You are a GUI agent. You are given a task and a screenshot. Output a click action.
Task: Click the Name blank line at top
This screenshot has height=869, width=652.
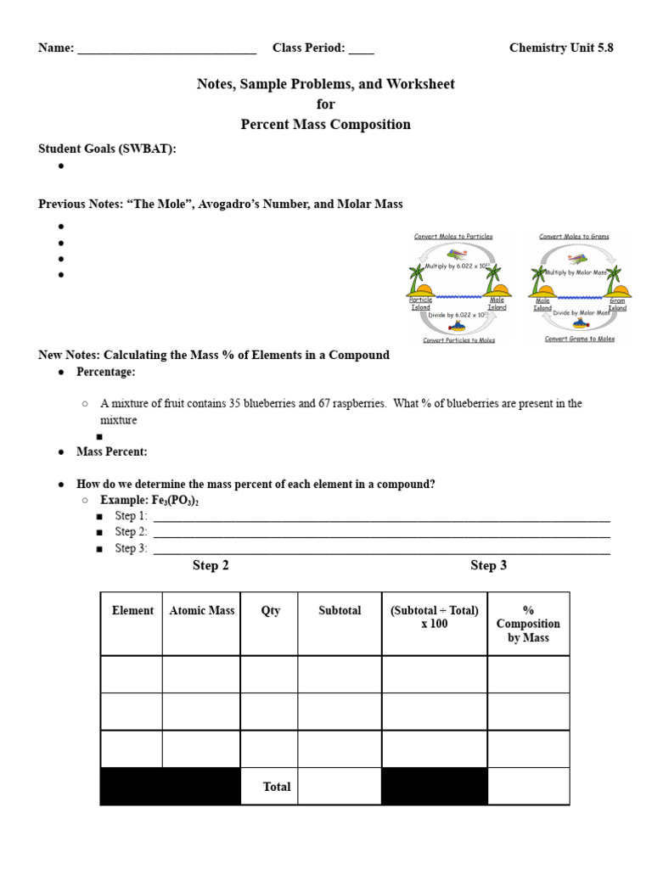click(x=166, y=49)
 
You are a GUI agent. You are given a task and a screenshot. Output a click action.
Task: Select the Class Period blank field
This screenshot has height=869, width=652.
click(x=361, y=49)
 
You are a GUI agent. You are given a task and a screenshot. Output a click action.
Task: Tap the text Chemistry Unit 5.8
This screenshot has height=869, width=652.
click(x=560, y=48)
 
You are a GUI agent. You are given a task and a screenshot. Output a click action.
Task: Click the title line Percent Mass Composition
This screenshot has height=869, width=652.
click(x=325, y=125)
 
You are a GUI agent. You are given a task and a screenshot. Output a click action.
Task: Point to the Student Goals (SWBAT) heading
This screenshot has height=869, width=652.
click(x=107, y=149)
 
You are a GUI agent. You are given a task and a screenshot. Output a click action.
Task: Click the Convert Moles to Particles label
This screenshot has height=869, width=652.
click(x=452, y=237)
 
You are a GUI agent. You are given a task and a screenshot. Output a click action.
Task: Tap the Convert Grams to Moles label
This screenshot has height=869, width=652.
click(x=580, y=339)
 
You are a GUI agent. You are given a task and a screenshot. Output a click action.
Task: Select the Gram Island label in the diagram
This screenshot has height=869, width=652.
click(x=617, y=304)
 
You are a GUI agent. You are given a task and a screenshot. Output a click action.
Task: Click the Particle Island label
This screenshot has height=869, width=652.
click(x=420, y=304)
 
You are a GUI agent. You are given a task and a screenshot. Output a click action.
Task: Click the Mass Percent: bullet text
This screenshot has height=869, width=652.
click(x=112, y=452)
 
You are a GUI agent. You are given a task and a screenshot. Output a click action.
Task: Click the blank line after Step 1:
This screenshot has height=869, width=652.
click(x=380, y=517)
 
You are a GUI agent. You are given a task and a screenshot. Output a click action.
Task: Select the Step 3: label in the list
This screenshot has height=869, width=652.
click(x=131, y=549)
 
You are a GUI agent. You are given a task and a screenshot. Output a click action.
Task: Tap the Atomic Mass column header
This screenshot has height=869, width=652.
click(x=201, y=611)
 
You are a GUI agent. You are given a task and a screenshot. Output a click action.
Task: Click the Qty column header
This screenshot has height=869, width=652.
click(x=270, y=611)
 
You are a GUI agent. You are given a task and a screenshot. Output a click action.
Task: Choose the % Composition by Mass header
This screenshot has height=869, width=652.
click(x=528, y=624)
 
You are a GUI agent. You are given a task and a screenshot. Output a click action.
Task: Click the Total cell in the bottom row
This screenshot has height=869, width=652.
click(x=277, y=787)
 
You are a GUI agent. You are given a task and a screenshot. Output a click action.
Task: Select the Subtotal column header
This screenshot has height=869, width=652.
click(x=340, y=611)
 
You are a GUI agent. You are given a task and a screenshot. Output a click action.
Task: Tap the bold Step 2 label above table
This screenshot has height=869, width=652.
click(x=211, y=566)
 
